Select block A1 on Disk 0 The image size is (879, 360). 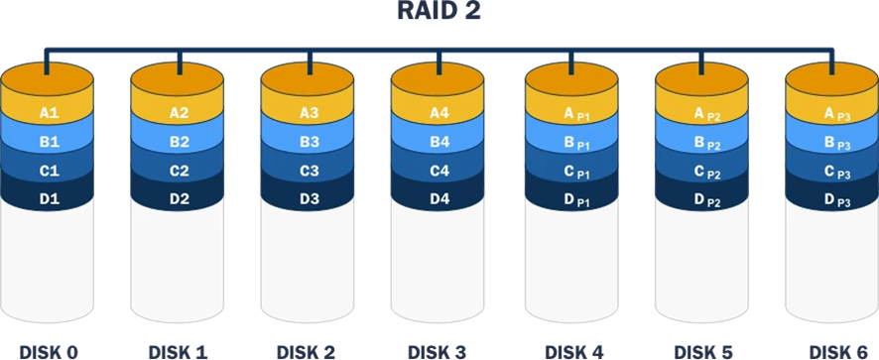coord(49,113)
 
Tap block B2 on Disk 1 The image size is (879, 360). coord(179,142)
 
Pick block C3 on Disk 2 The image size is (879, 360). coord(310,171)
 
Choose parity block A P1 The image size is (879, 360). coord(572,113)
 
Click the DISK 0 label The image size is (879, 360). coord(49,350)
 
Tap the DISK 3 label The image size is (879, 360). coord(439,350)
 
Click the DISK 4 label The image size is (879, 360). coord(572,350)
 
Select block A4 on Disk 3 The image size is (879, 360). coord(439,113)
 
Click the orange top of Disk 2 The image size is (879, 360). coord(310,78)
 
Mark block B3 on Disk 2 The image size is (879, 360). coord(310,142)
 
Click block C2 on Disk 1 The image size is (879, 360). coord(179,171)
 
